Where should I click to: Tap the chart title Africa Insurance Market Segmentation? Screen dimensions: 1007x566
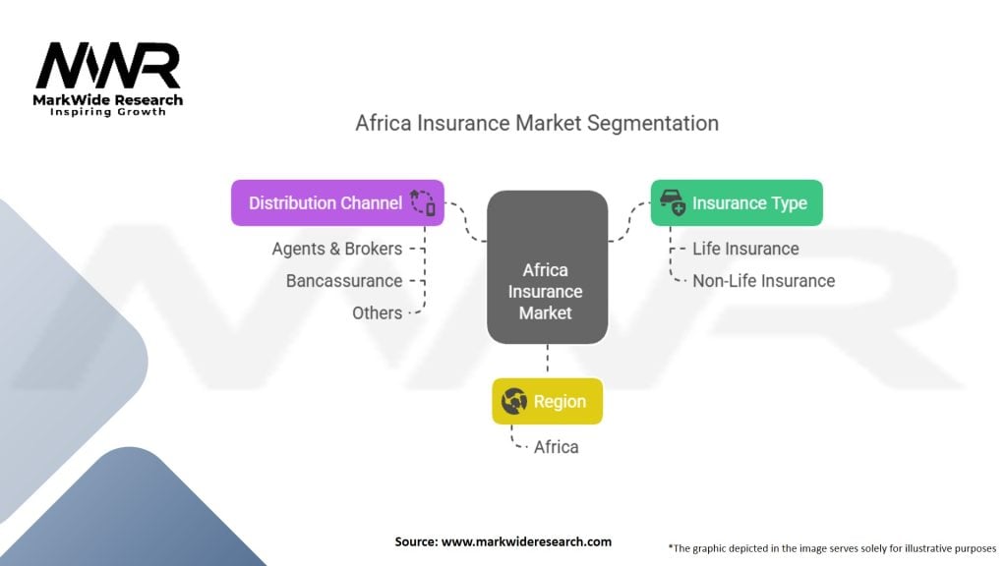point(537,123)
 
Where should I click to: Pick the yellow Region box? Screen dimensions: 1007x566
point(547,401)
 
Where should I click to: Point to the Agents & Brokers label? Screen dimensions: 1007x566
point(337,249)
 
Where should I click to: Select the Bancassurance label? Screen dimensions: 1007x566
point(344,281)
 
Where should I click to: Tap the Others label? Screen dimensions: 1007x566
point(377,312)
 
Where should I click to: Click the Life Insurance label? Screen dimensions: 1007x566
point(745,249)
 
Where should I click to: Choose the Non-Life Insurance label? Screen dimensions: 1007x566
point(763,281)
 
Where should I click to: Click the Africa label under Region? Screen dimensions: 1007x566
point(556,447)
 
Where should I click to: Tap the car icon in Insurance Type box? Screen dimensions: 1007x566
point(673,202)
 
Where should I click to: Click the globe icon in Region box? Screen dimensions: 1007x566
point(514,401)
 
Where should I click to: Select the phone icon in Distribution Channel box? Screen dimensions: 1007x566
point(424,202)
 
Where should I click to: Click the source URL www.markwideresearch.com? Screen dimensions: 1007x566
point(526,541)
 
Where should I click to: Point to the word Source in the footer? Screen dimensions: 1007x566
point(417,541)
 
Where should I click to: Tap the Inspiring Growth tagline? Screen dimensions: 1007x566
point(108,112)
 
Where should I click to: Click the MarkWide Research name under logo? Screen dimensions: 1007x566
point(108,99)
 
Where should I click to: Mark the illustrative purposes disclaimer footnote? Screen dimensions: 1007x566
point(832,547)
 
